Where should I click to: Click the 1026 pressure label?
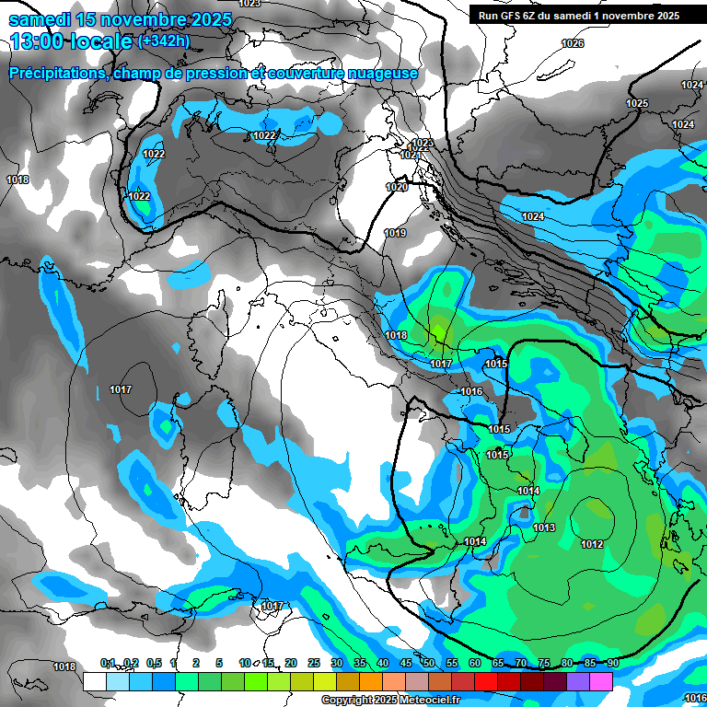tap(573, 43)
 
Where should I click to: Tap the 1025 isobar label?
tap(637, 103)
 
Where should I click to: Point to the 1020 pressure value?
tap(396, 187)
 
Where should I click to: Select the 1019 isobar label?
tap(395, 233)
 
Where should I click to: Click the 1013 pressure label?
tap(544, 527)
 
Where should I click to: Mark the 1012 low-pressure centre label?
tap(592, 544)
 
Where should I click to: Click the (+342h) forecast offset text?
tap(164, 41)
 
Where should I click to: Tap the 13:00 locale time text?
tap(70, 41)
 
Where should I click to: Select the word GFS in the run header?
tap(520, 16)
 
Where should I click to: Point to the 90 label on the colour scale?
tap(612, 663)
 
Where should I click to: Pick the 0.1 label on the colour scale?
tap(108, 663)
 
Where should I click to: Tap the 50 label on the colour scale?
tap(428, 663)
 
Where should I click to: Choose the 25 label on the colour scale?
tap(313, 663)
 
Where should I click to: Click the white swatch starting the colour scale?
tap(94, 681)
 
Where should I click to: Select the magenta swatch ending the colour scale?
tap(601, 681)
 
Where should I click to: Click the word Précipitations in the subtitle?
tap(56, 73)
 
